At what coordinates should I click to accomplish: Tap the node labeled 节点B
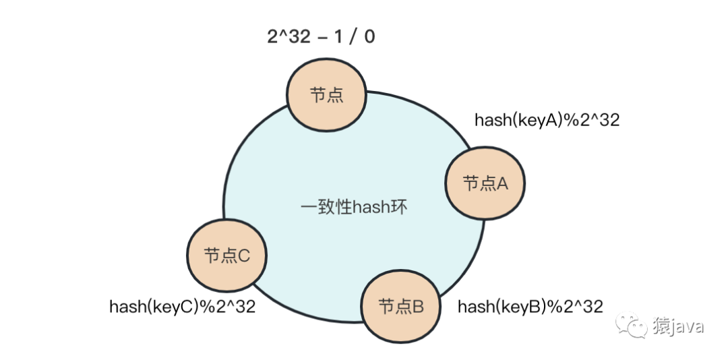tap(401, 307)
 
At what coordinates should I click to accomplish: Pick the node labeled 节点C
tap(227, 255)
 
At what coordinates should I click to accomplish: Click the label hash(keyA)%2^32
tap(547, 120)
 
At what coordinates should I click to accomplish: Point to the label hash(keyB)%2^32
tap(530, 307)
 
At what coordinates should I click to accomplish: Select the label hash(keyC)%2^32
tap(182, 307)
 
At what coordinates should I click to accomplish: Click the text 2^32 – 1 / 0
tap(322, 36)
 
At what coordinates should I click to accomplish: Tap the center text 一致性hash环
tap(355, 206)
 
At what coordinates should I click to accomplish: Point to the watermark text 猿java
tap(677, 327)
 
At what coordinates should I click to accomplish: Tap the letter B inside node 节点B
tap(418, 307)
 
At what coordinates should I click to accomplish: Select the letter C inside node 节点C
tap(244, 256)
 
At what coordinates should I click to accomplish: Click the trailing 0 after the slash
tap(369, 36)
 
